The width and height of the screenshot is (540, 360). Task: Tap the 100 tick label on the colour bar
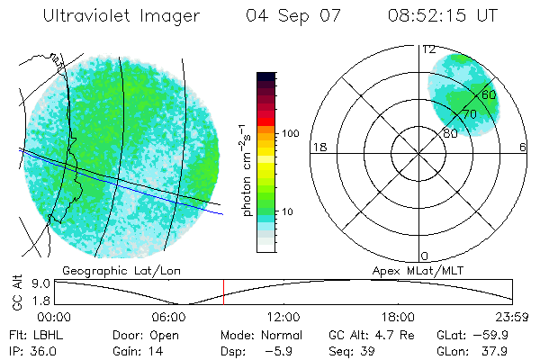(291, 132)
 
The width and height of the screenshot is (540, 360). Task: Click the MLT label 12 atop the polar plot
(428, 49)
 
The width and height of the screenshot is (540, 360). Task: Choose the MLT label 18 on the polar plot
(318, 148)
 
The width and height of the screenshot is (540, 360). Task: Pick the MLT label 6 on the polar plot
(523, 148)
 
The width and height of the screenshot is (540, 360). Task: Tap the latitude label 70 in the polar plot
(469, 114)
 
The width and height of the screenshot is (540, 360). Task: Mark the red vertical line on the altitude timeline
(223, 291)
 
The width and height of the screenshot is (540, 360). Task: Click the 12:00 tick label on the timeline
(283, 317)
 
